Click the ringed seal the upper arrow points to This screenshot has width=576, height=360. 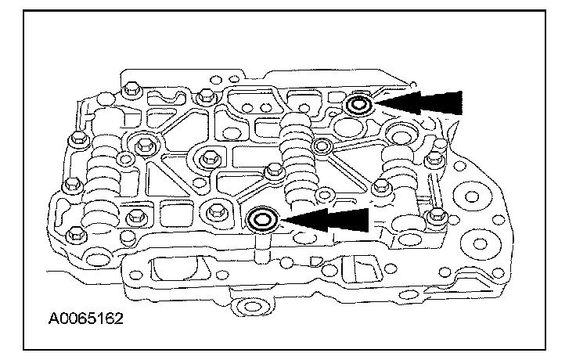tap(359, 105)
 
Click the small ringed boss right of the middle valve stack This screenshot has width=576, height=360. tap(319, 145)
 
